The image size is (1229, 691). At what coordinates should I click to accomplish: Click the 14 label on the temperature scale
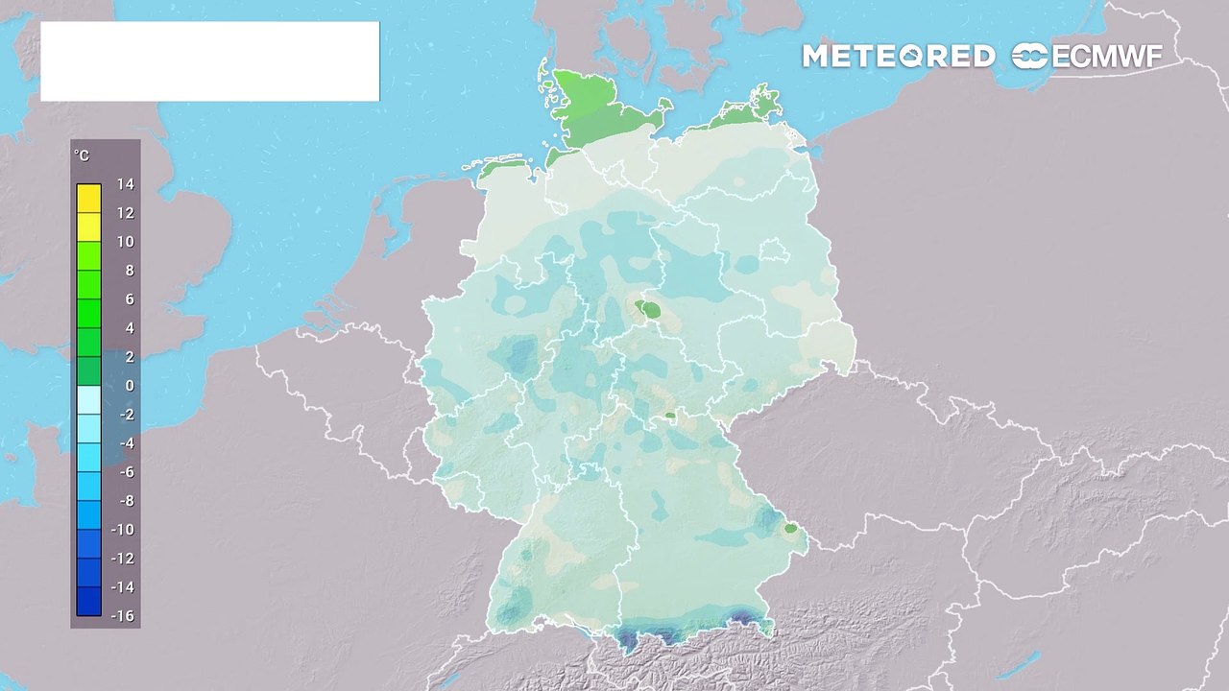pos(126,184)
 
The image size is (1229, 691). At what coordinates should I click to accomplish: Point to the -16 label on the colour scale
pos(123,616)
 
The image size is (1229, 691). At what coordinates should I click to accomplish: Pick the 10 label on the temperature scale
pos(126,242)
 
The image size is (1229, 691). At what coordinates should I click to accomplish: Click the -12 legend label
pos(123,559)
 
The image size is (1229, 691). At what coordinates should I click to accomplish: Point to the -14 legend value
pos(123,587)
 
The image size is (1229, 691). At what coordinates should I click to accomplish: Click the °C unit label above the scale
pos(82,156)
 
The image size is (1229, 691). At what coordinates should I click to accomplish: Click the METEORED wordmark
pos(898,57)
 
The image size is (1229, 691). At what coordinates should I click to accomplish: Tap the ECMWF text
pos(1107,57)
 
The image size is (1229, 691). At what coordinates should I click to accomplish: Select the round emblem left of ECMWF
pos(1030,57)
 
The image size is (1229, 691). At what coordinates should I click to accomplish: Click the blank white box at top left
pos(209,61)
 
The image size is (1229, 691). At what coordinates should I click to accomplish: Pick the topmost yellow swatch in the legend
pos(88,198)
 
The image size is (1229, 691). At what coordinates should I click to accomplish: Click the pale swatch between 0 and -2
pos(88,399)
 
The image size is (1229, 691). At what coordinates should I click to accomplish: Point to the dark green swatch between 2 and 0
pos(88,370)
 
